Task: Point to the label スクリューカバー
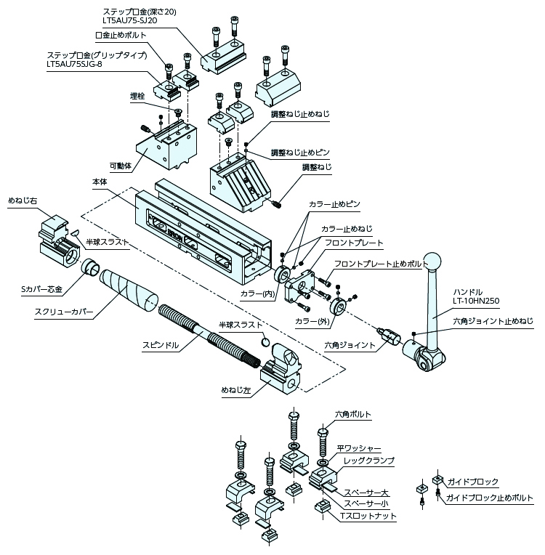coord(63,313)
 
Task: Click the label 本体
coord(100,181)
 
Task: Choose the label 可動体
coord(120,166)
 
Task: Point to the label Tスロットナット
coord(368,515)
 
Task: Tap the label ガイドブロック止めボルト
coord(489,498)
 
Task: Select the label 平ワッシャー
coord(359,449)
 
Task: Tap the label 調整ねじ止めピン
coord(300,153)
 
